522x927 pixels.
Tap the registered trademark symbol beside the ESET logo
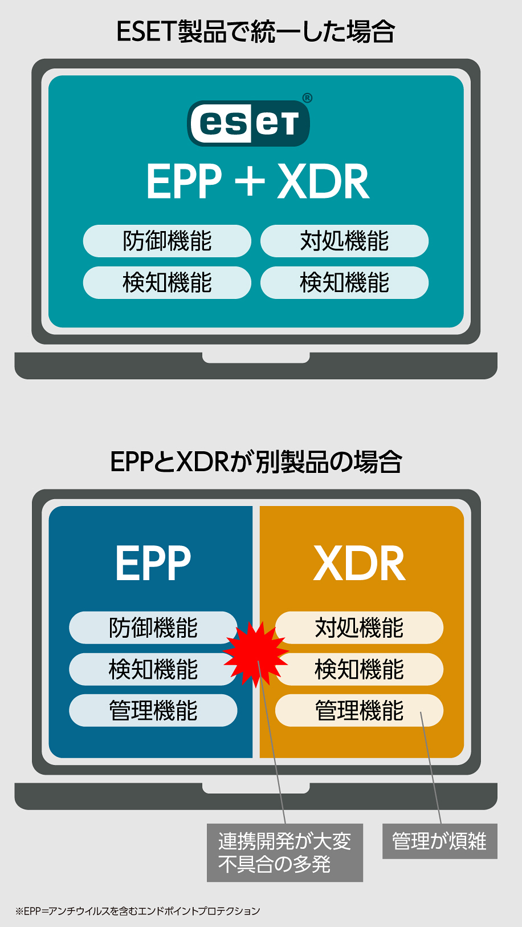coord(308,98)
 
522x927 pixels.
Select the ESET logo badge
coord(248,123)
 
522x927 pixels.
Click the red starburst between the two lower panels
coord(256,654)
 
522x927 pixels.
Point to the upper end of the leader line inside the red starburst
coord(258,661)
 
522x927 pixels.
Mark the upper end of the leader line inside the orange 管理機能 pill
coord(421,712)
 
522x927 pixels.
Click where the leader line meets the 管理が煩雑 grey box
coord(441,824)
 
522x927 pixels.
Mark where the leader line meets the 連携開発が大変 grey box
coord(285,824)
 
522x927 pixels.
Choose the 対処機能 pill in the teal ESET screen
coord(344,241)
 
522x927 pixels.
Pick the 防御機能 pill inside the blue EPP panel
coord(153,628)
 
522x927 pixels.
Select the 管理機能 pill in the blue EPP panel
coord(153,710)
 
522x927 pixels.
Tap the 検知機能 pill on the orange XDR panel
coord(359,669)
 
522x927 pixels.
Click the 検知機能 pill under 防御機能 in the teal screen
coord(167,282)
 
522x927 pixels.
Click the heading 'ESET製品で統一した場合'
coord(256,31)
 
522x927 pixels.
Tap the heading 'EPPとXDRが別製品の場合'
coord(256,462)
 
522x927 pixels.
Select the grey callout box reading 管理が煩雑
coord(440,841)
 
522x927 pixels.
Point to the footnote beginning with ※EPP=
coord(138,911)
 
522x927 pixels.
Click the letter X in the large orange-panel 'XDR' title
coord(329,563)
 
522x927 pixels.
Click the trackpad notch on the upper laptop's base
coord(256,358)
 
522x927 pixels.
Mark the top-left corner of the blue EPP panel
coord(49,506)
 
